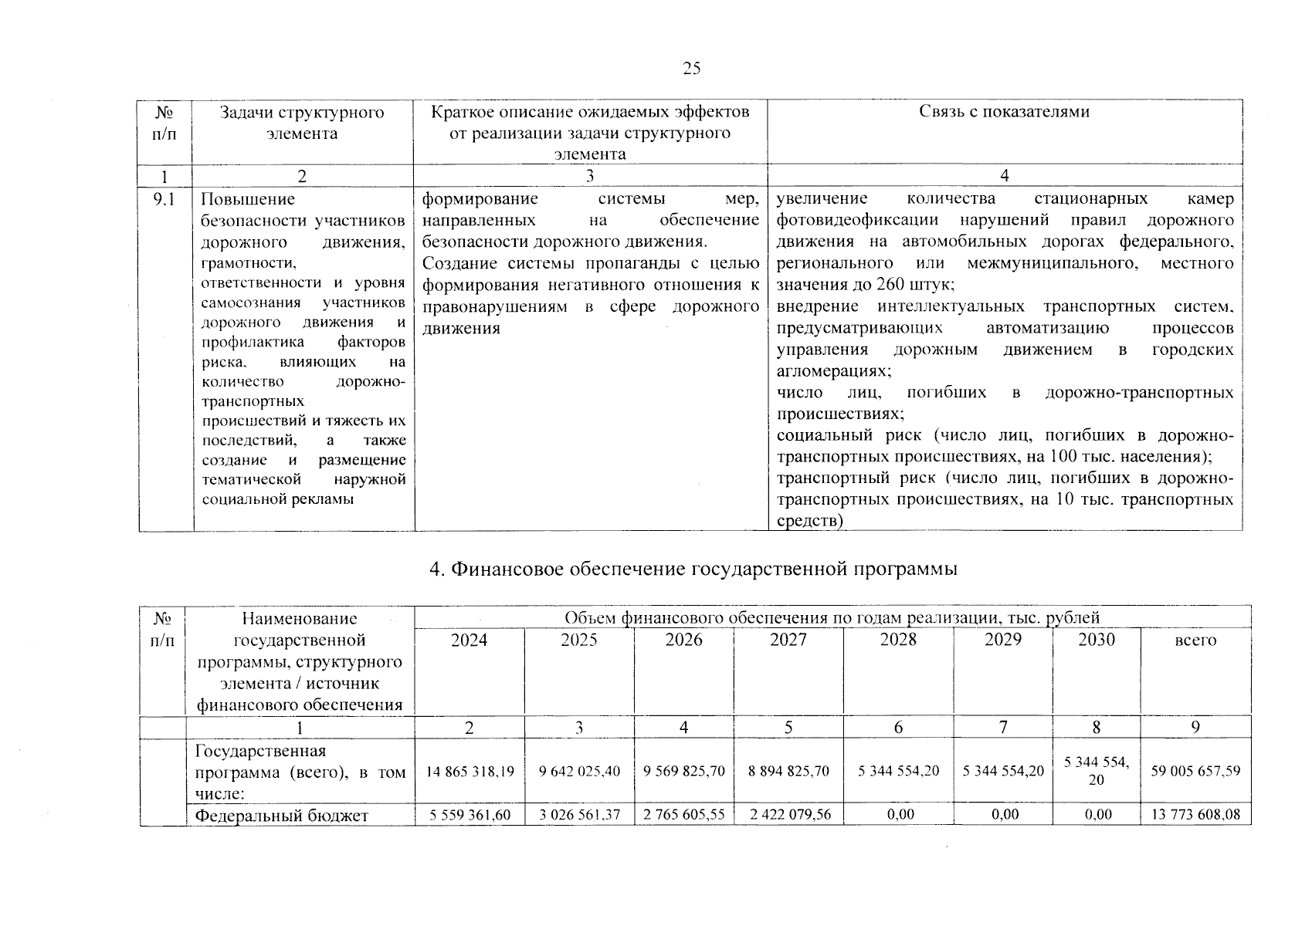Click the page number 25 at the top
[x=692, y=69]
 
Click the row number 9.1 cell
[x=164, y=199]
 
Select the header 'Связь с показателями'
[x=1004, y=112]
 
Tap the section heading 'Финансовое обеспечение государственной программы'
[x=693, y=569]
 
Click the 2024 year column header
[x=469, y=640]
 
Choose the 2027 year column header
[x=788, y=640]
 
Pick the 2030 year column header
[x=1096, y=640]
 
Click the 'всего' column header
[x=1195, y=640]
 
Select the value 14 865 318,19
[x=469, y=771]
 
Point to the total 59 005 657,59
[x=1195, y=771]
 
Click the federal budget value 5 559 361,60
[x=469, y=814]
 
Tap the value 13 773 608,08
[x=1195, y=814]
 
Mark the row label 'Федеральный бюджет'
[x=282, y=815]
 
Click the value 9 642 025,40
[x=579, y=771]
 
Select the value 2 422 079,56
[x=788, y=814]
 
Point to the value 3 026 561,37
[x=579, y=814]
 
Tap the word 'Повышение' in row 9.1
[x=247, y=199]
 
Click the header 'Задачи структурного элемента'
[x=302, y=123]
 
